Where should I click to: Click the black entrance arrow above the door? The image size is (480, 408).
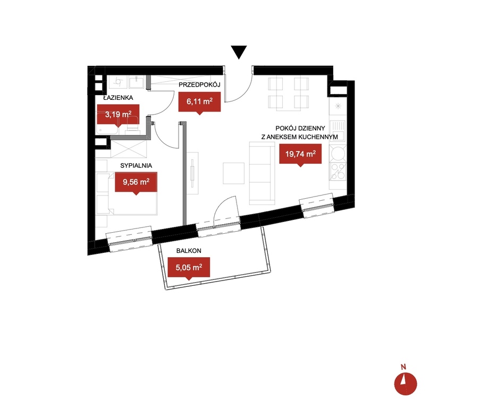coord(239,52)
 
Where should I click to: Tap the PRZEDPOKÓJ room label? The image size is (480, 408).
coord(199,84)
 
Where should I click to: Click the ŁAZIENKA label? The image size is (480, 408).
coord(118,98)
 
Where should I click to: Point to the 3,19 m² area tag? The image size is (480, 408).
coord(118,116)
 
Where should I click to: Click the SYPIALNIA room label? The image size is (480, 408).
coord(136,165)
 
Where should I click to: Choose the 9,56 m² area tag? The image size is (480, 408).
coord(136,183)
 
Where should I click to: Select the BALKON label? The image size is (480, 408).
coord(189,251)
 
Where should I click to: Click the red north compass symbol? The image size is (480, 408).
coord(406,384)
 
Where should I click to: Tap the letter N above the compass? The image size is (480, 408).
coord(403,367)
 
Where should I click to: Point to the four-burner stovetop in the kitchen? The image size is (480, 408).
coord(338,172)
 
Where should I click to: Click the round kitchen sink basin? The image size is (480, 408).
coord(338,152)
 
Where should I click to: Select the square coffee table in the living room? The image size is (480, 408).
coord(233,173)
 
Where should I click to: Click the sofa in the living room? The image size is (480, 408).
coord(262,173)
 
